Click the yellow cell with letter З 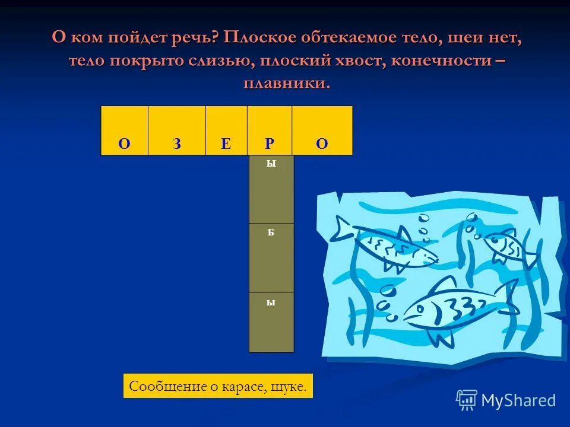(176, 131)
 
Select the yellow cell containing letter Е (226, 131)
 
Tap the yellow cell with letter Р (270, 131)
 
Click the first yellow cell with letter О (124, 131)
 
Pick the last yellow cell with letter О (322, 131)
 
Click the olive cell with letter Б (271, 258)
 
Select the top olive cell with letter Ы (271, 189)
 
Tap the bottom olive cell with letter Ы (271, 322)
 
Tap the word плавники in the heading (286, 83)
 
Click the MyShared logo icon (467, 400)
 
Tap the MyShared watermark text (518, 401)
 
